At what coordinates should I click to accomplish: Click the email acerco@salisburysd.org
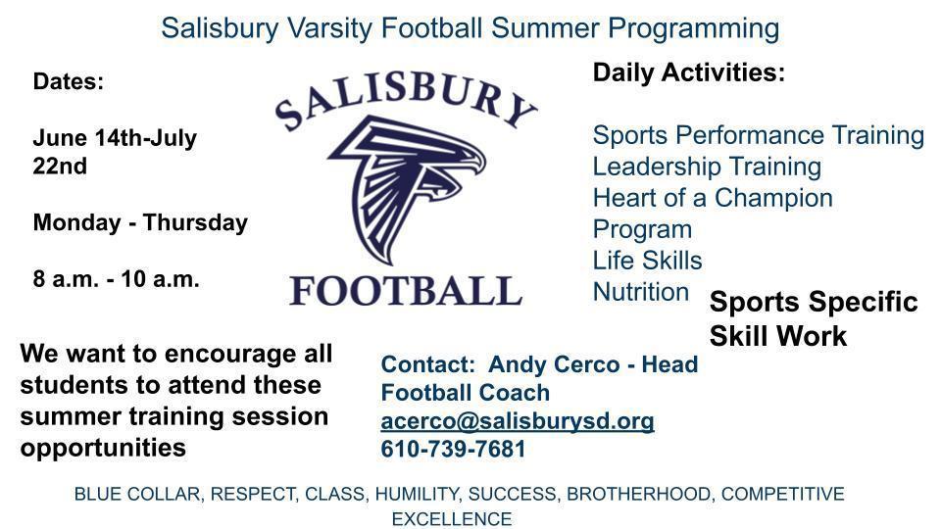coord(518,421)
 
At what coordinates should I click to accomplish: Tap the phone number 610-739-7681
coord(453,449)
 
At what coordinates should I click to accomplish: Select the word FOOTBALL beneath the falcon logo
coord(406,291)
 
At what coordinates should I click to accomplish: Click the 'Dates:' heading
coord(69,81)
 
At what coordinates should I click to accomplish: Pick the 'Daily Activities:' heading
coord(689,72)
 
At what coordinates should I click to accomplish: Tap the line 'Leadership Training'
coord(707,167)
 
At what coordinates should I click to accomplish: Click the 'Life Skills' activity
coord(648,261)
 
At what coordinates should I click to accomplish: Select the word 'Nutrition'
coord(641,292)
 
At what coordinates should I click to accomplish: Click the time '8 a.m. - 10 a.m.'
coord(116,279)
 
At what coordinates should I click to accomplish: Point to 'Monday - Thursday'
coord(140,222)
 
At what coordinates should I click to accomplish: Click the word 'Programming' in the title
coord(694,28)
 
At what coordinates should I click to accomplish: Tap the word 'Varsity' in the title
coord(329,28)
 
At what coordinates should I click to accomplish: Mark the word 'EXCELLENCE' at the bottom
coord(452,519)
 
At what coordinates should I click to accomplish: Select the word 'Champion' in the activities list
coord(773,198)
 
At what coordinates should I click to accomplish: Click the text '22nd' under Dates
coord(60,167)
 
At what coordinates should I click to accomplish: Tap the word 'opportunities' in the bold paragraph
coord(103,448)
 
